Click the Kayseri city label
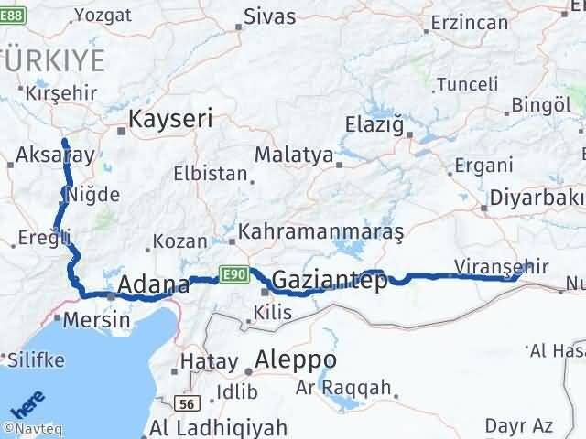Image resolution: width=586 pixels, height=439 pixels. (170, 118)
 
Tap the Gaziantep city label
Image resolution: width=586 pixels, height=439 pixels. (330, 282)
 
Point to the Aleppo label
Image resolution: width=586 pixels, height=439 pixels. (296, 359)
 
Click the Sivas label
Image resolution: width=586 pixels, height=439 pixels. (270, 16)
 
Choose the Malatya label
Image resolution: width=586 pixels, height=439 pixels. (294, 155)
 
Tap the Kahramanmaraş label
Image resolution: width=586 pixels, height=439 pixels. (320, 232)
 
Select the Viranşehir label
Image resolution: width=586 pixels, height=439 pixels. (501, 267)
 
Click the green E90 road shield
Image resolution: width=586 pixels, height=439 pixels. (233, 273)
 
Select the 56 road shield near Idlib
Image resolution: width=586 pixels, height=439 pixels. (188, 402)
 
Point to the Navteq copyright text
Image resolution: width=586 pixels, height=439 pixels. (30, 427)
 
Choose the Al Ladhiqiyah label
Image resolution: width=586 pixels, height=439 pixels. (219, 427)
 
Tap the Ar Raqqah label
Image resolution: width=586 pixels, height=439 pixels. (342, 387)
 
